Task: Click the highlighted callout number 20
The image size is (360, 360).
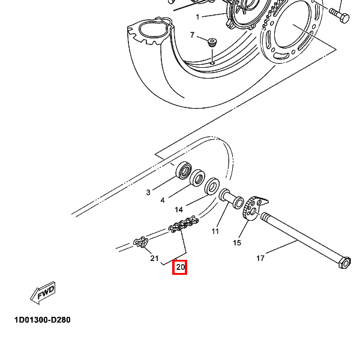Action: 180,267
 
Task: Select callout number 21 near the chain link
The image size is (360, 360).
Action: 154,259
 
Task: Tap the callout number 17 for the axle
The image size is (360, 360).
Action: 260,259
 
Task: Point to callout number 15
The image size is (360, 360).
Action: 237,243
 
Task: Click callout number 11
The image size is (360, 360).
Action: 215,231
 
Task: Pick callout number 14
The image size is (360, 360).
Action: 179,210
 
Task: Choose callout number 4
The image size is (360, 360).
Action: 162,200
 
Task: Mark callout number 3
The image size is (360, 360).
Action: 148,193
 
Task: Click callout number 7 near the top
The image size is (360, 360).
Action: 193,35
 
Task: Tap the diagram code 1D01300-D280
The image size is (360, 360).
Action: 43,320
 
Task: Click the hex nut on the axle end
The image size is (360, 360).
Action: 345,263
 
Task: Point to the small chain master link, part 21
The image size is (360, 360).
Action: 141,242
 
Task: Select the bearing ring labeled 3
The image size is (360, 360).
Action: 183,171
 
